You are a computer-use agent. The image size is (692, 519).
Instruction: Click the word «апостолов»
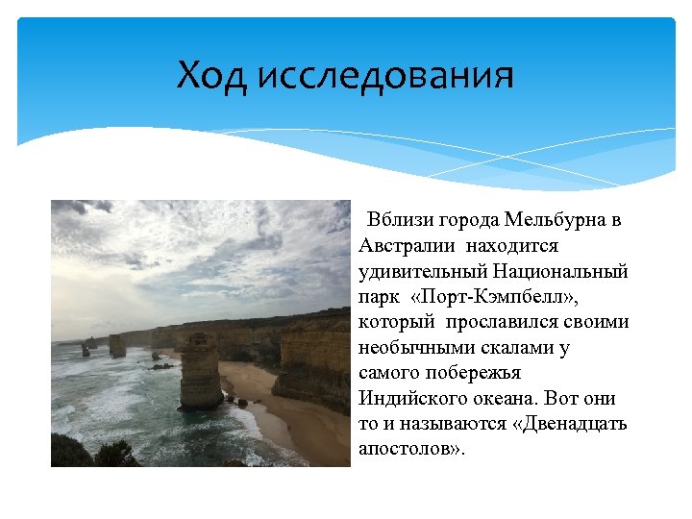(410, 448)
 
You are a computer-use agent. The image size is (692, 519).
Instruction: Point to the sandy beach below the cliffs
(288, 423)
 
